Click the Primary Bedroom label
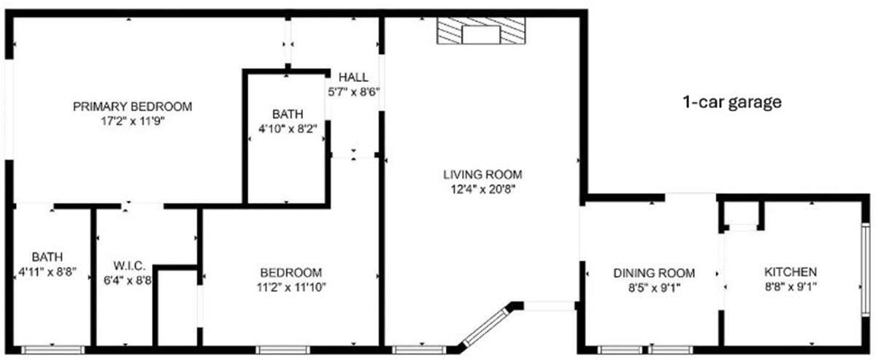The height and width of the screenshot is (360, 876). click(132, 107)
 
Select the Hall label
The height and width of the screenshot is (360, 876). click(353, 77)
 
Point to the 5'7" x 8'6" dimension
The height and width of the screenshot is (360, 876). click(353, 92)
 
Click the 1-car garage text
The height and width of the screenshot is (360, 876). click(731, 102)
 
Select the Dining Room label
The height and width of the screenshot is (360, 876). click(653, 273)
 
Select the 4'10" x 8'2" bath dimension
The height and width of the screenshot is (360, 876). click(288, 129)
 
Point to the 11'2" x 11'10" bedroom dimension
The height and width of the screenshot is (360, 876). click(290, 286)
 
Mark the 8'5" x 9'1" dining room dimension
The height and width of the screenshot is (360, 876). click(653, 287)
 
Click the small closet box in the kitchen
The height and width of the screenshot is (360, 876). click(742, 215)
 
